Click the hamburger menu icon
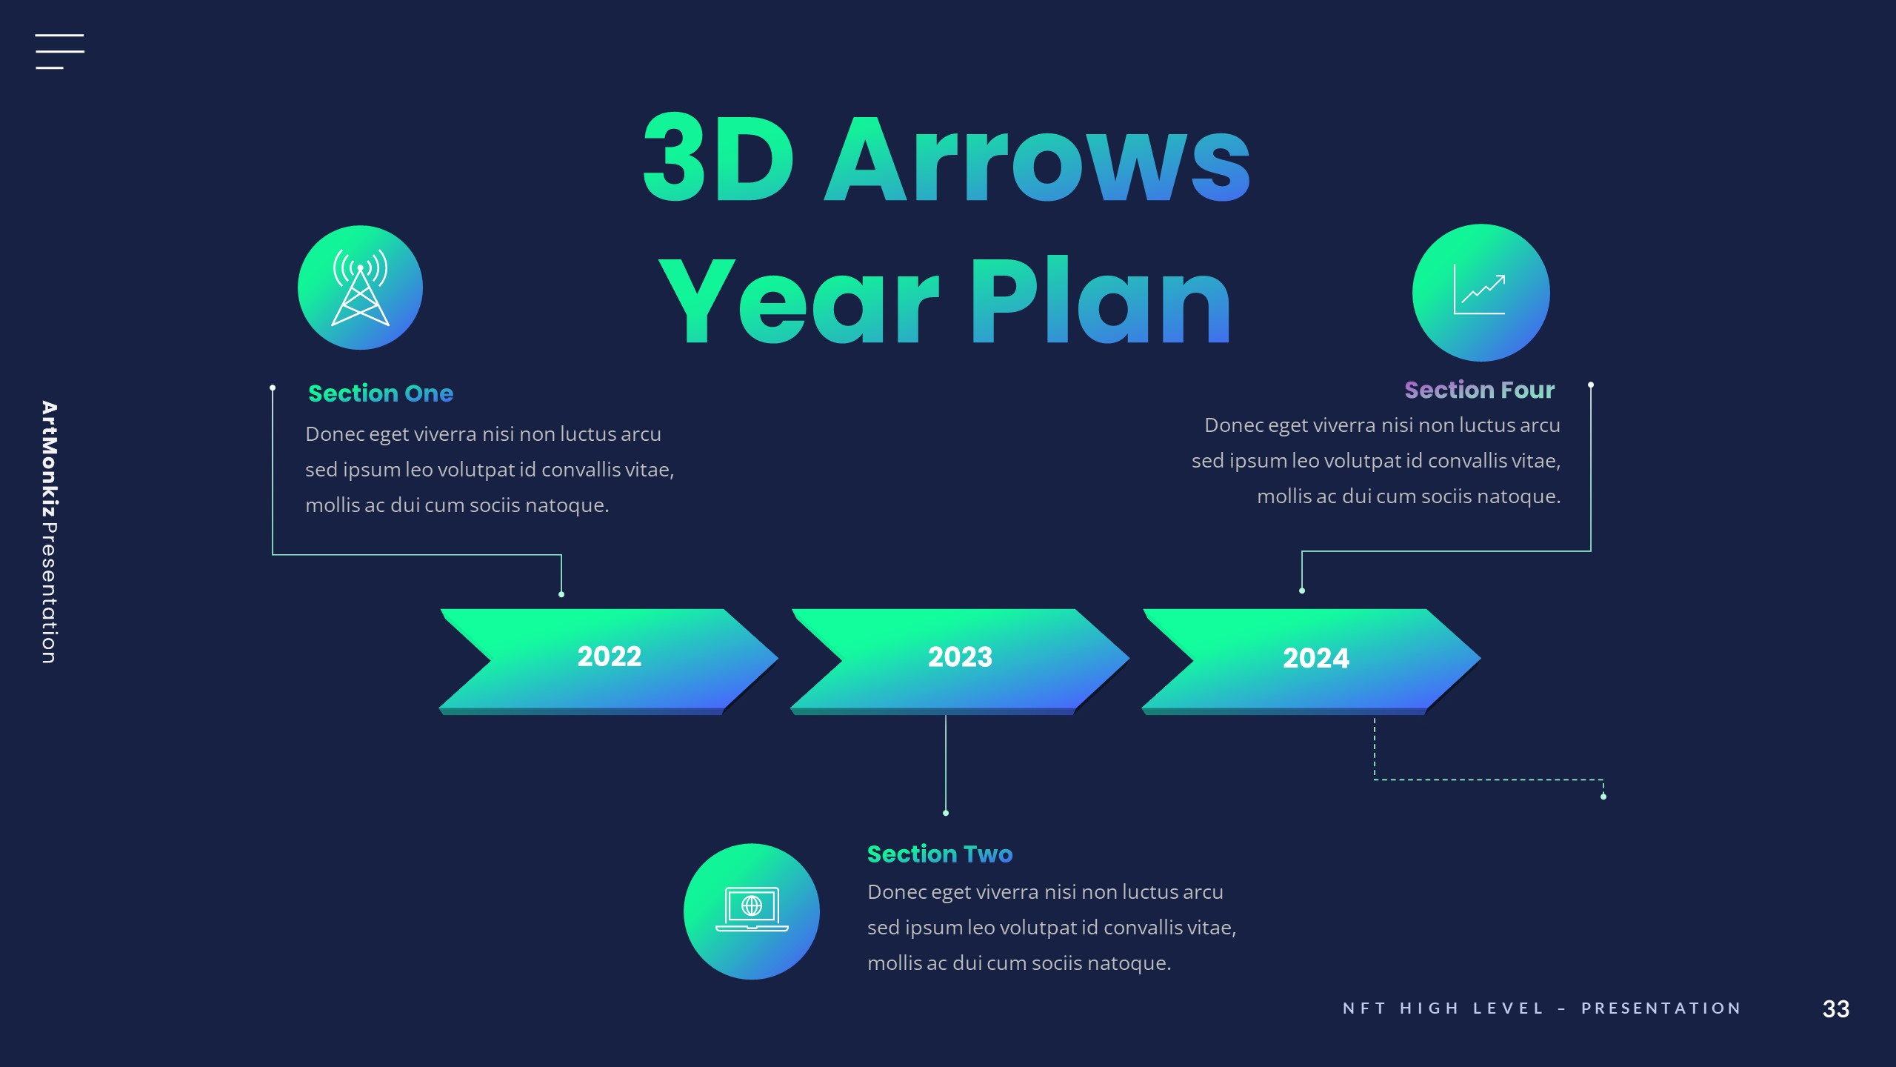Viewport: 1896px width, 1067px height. (59, 52)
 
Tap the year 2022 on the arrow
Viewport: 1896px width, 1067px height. (609, 657)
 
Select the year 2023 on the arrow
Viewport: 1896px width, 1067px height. (960, 657)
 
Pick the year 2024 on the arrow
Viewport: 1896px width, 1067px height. (1315, 658)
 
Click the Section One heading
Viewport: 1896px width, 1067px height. (380, 393)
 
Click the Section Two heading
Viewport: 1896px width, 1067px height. (939, 854)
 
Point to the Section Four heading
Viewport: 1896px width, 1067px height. (1479, 390)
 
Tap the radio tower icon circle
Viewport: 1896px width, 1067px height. (360, 287)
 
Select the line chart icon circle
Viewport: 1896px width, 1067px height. (1481, 293)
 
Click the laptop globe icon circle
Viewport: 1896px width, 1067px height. (751, 911)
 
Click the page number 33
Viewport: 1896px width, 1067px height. (1835, 1008)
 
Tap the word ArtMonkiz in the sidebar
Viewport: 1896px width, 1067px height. (49, 459)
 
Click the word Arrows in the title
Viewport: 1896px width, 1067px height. (1037, 159)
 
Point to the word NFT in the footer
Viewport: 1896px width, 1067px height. (1363, 1008)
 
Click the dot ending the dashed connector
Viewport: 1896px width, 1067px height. (1603, 797)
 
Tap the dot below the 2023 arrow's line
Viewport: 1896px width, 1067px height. (946, 813)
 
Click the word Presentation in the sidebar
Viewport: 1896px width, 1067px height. (49, 593)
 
